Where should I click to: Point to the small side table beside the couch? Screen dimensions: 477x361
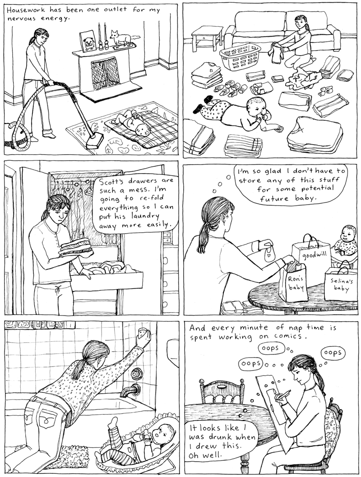pyautogui.click(x=206, y=36)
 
